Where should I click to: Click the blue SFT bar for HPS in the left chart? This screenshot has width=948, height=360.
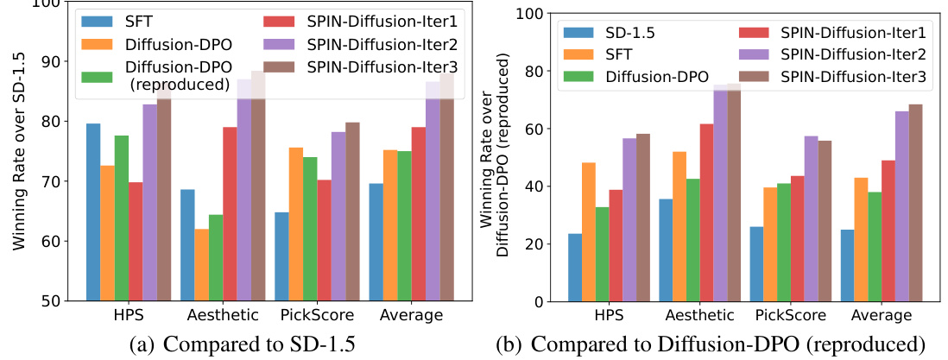[93, 212]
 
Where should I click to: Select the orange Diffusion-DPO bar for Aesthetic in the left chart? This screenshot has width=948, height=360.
[202, 265]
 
